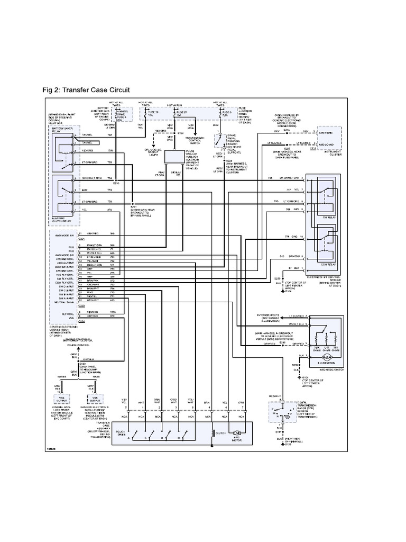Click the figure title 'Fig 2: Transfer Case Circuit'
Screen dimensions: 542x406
point(86,91)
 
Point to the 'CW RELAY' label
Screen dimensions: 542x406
point(324,216)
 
